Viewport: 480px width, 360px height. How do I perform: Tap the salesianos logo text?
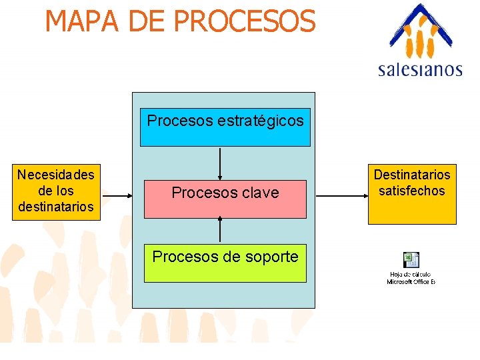(420, 69)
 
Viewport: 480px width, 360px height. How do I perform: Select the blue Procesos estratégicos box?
(225, 127)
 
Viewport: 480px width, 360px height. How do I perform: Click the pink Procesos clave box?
(225, 199)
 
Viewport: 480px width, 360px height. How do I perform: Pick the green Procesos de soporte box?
(225, 263)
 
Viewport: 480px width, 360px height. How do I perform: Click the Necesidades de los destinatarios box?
(56, 191)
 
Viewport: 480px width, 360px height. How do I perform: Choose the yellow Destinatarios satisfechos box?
(411, 193)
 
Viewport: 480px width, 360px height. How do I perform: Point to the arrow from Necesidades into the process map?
(117, 196)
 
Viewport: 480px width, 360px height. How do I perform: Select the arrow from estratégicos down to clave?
(220, 163)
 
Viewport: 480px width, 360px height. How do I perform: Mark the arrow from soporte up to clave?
(220, 229)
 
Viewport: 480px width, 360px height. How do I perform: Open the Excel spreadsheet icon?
(411, 259)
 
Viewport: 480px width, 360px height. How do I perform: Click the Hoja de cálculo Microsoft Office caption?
(411, 278)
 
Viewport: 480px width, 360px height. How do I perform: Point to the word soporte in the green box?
(271, 257)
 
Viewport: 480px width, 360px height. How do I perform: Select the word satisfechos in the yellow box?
(411, 191)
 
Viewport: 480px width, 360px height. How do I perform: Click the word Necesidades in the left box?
(56, 175)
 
